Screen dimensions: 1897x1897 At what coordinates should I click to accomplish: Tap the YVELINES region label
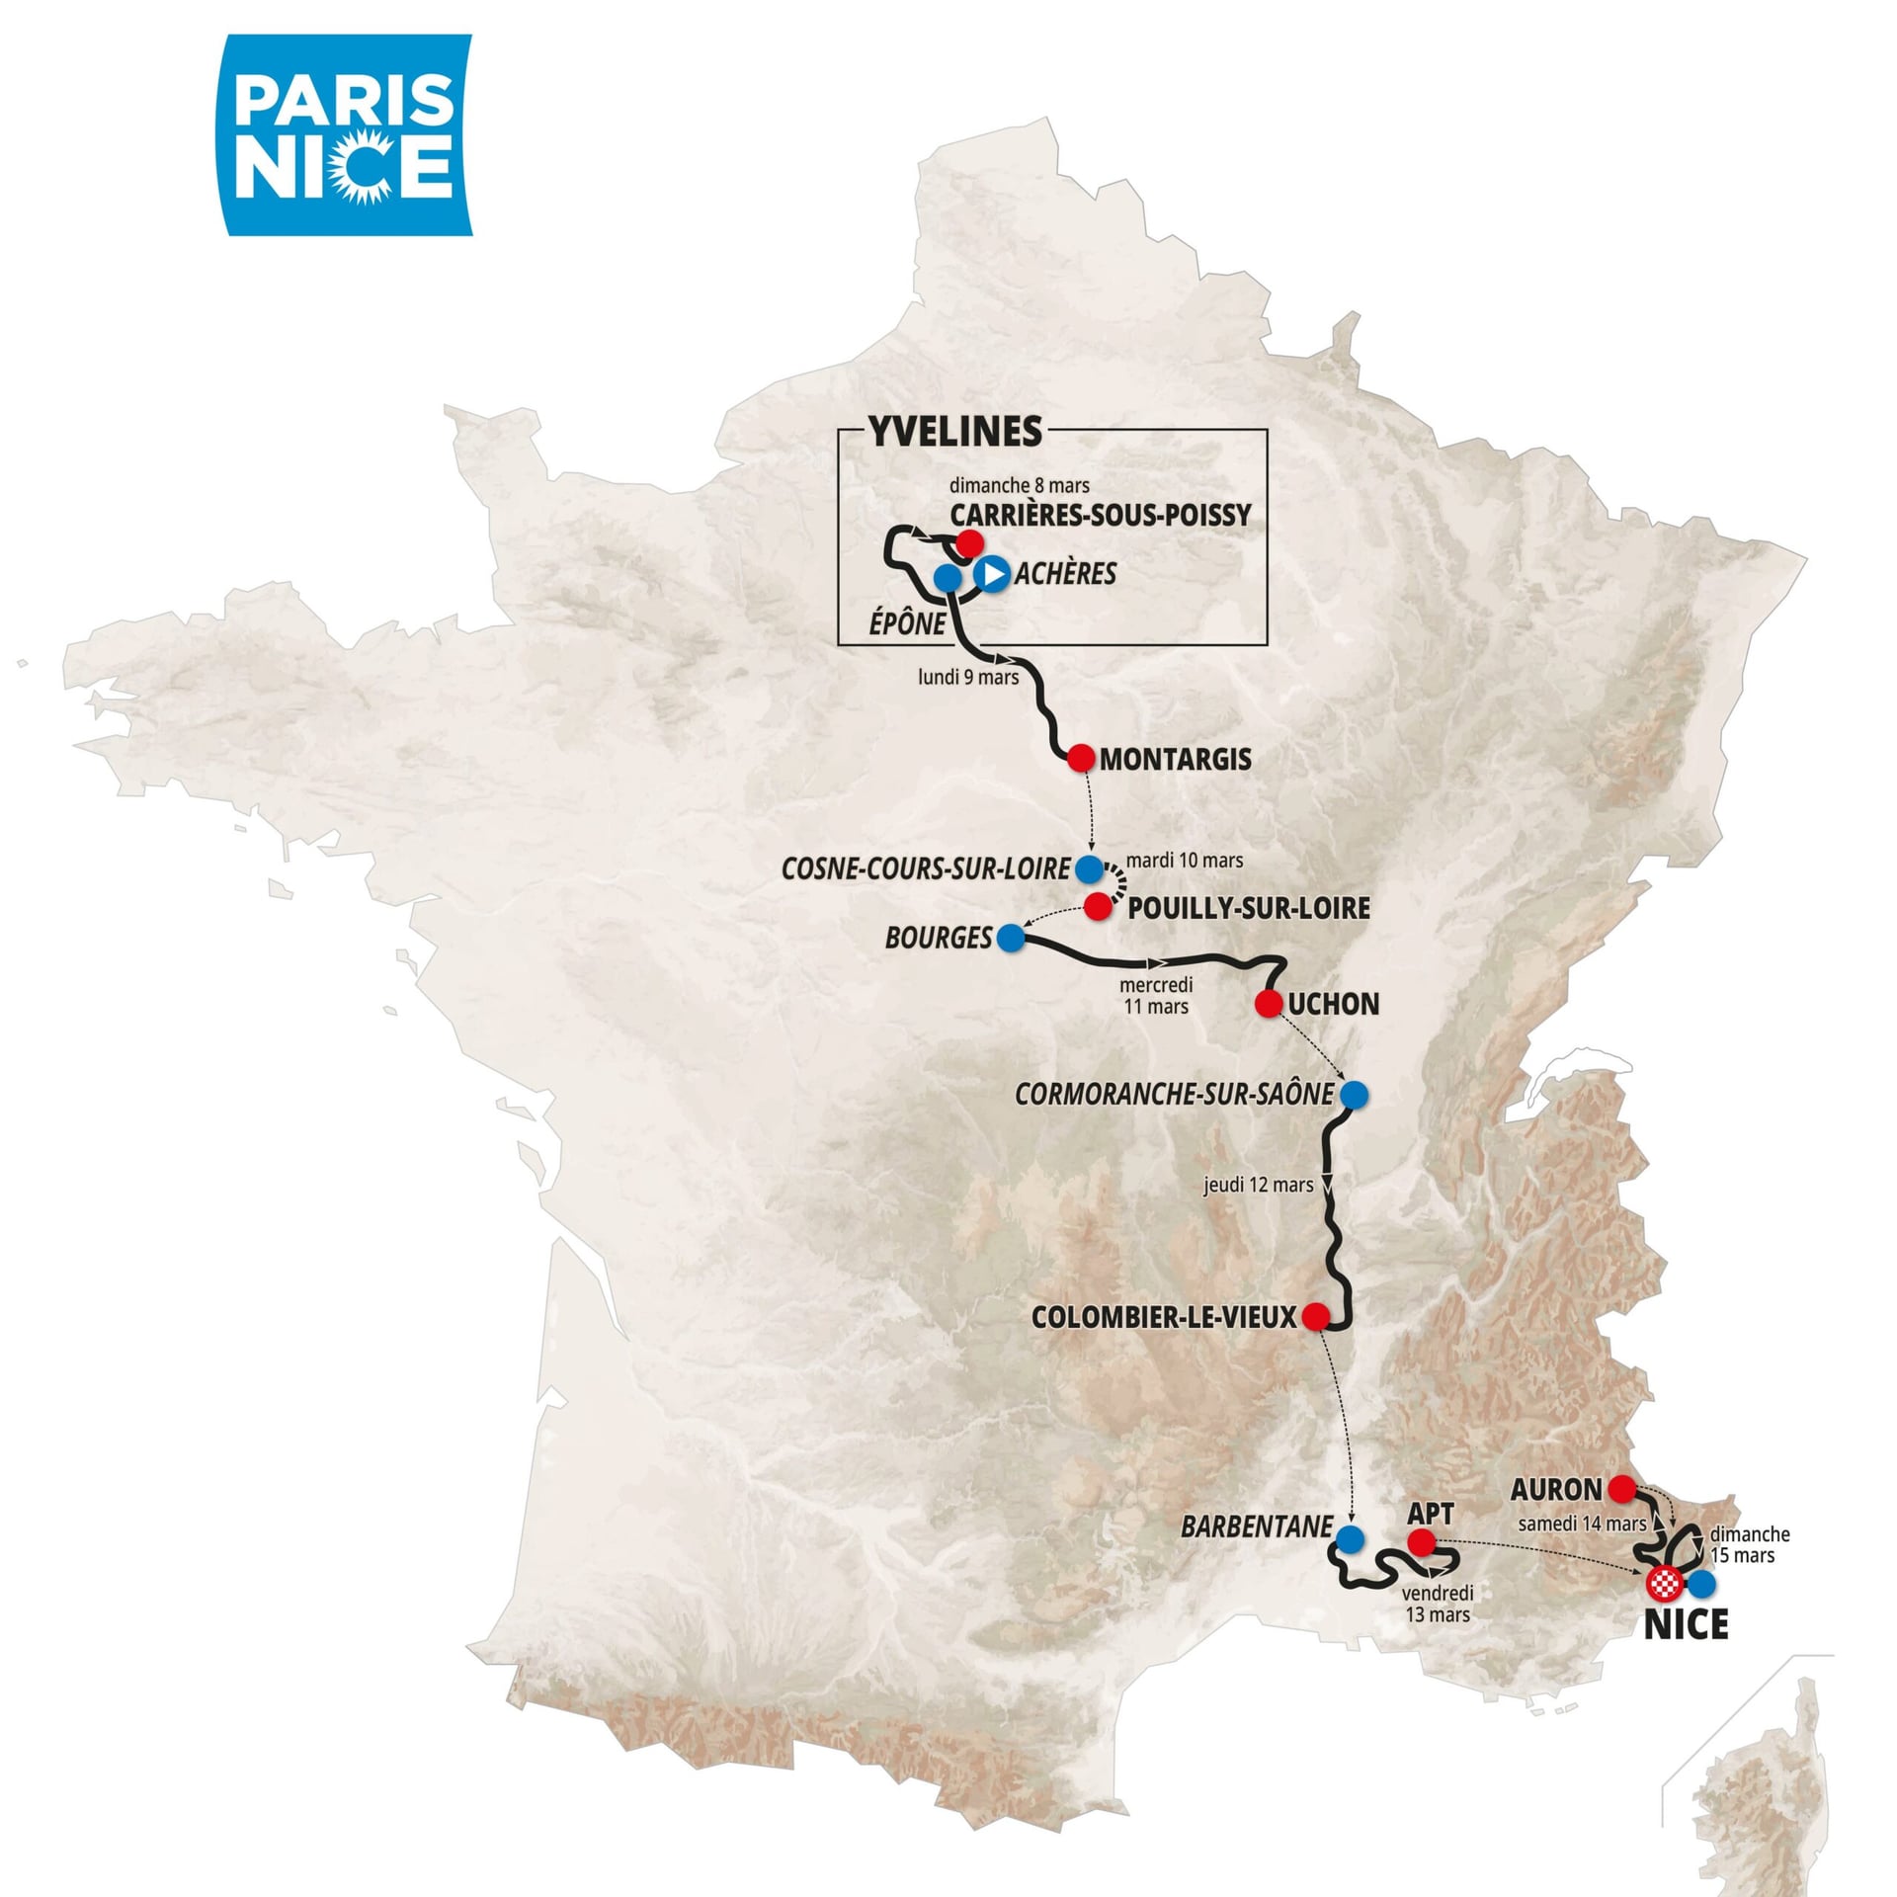tap(954, 431)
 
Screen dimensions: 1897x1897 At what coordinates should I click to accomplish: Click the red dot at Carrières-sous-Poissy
tap(969, 542)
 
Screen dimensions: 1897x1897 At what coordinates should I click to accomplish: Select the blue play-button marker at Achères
tap(992, 573)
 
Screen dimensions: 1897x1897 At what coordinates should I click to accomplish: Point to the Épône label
tap(907, 623)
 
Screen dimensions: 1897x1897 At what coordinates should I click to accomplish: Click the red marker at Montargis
tap(1081, 758)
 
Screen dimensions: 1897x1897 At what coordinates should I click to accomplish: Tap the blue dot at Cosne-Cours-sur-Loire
tap(1088, 868)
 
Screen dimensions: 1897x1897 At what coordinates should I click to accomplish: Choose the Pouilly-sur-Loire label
tap(1249, 908)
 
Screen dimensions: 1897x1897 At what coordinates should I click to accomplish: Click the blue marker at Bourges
tap(1010, 938)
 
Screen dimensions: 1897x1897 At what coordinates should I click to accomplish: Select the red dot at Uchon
tap(1269, 1004)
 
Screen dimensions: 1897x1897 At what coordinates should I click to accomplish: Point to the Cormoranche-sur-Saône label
tap(1174, 1095)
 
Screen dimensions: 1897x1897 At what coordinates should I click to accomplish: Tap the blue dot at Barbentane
tap(1350, 1538)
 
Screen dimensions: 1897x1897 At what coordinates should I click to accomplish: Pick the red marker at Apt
tap(1421, 1541)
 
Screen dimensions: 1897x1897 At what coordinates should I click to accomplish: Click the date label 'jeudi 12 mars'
tap(1258, 1185)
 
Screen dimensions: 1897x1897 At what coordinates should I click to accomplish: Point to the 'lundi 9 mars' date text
tap(968, 678)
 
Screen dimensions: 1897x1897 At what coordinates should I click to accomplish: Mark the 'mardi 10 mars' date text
tap(1185, 860)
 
